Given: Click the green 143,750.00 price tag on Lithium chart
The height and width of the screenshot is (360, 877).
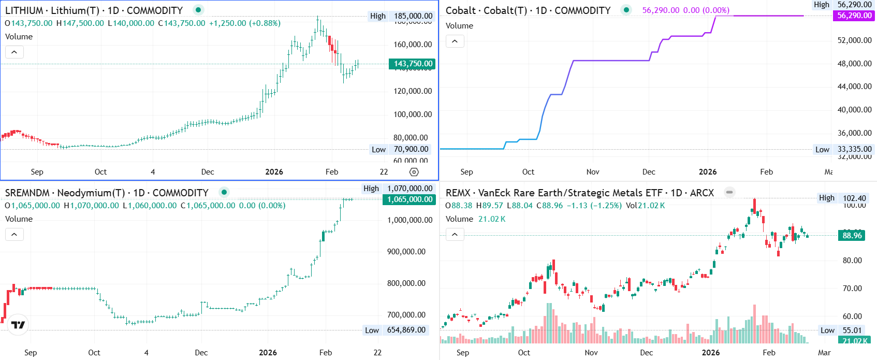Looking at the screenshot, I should coord(412,64).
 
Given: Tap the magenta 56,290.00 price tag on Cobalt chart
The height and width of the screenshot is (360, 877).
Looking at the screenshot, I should coord(854,16).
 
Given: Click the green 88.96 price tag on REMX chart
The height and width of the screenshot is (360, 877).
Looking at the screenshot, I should coord(852,236).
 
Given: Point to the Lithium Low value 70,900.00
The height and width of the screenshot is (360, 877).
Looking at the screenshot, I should coord(411,149).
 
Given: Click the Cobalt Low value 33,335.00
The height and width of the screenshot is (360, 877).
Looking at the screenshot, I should coord(854,149).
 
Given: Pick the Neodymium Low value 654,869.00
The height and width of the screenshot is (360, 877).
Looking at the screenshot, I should coord(406,330).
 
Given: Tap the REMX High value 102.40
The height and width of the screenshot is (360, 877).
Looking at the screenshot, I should coord(854,198).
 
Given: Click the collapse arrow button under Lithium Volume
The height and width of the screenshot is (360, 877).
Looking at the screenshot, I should coord(14,52).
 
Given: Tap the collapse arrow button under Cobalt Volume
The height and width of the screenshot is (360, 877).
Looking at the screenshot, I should coord(455,41).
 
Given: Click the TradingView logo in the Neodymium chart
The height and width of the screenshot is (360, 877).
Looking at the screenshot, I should coord(18,325).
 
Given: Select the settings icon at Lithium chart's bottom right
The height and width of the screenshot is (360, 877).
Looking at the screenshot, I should coord(414,172).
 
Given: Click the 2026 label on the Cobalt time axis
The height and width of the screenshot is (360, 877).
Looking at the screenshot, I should coord(708,172).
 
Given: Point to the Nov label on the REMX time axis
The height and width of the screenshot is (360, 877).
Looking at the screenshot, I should coord(591,353).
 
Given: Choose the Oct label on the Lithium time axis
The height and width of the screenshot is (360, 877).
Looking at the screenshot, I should coord(100,172).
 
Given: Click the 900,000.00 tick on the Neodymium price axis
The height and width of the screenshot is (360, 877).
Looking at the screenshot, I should coord(410,252).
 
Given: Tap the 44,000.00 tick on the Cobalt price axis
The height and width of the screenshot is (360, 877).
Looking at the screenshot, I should coord(854,87).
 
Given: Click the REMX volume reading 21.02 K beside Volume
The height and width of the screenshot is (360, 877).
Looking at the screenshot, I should coord(492,219).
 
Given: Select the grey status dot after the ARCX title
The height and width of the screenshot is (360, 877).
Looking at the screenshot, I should coord(729,192).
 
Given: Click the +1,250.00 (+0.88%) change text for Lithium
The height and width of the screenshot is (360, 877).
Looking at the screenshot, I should coord(245,23).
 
